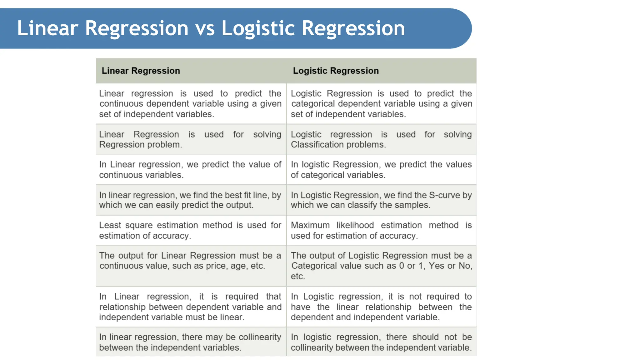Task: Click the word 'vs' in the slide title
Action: tap(205, 28)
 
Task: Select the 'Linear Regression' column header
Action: tap(141, 71)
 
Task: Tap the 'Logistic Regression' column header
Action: tap(336, 71)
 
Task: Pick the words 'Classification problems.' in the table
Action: tap(338, 145)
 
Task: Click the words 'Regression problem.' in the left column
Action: tap(140, 145)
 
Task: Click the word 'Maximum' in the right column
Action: tap(310, 225)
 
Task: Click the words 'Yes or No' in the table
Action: tap(449, 266)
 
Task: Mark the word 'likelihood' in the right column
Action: tap(355, 225)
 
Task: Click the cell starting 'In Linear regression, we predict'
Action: tap(190, 169)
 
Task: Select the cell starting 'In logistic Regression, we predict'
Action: tap(381, 169)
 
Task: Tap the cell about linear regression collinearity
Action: tap(190, 342)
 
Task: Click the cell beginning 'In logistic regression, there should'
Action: tap(381, 342)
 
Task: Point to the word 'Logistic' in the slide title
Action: tap(258, 28)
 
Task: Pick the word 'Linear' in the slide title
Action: tap(47, 28)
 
